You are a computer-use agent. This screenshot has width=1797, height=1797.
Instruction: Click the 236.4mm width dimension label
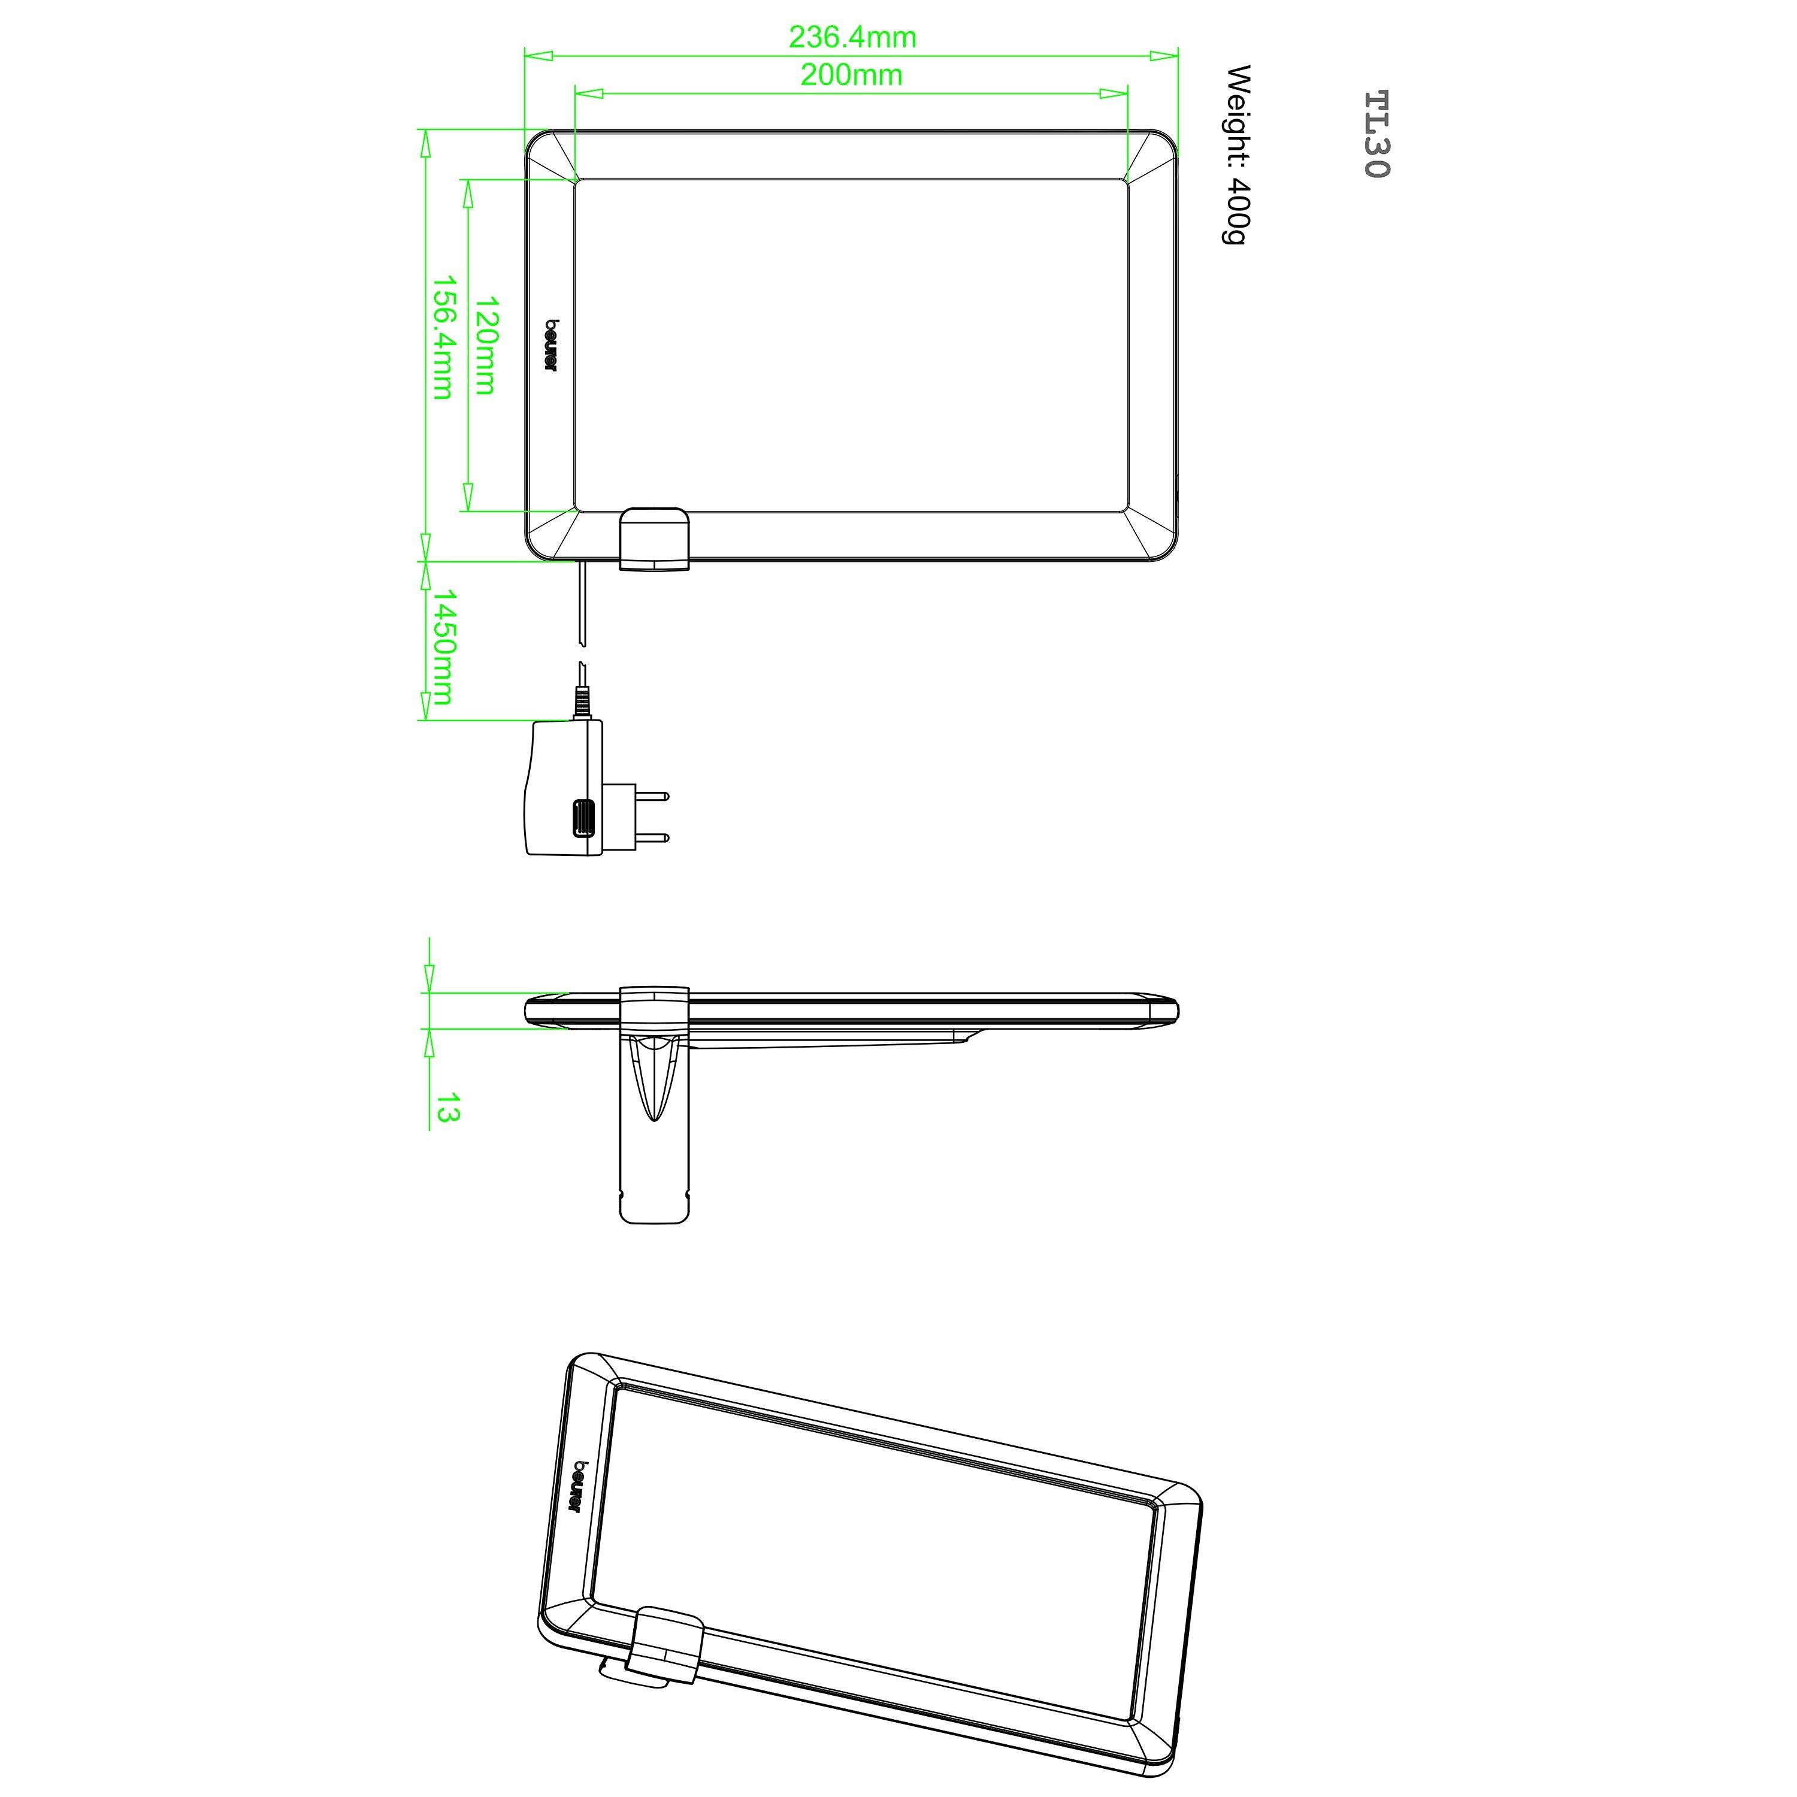[x=852, y=37]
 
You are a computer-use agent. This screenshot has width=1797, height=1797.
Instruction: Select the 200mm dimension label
[x=851, y=74]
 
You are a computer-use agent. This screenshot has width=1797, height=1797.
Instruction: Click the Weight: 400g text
[x=1237, y=155]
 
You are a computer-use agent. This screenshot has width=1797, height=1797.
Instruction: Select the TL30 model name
[x=1376, y=134]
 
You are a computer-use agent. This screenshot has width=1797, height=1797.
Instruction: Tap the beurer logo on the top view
[x=550, y=346]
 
